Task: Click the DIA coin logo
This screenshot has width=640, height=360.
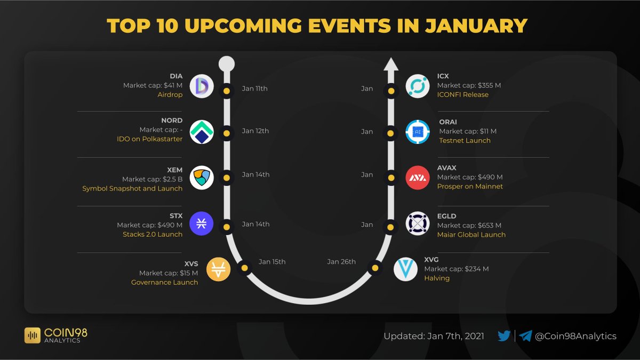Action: click(x=202, y=86)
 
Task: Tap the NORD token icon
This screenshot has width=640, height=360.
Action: click(x=202, y=132)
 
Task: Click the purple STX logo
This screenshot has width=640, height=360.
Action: click(x=202, y=223)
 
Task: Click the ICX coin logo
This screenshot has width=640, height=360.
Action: click(x=418, y=86)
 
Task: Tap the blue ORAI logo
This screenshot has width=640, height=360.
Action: click(x=418, y=132)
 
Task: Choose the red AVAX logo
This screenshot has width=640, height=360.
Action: click(x=418, y=178)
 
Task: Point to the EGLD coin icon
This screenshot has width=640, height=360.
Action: click(x=418, y=223)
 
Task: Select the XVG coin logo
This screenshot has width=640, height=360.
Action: click(x=405, y=269)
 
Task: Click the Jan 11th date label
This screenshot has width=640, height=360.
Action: click(x=254, y=89)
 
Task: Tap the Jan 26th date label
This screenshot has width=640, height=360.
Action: click(x=341, y=262)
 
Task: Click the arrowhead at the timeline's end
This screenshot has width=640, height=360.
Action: click(x=391, y=65)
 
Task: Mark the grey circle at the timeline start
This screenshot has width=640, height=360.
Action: click(x=227, y=64)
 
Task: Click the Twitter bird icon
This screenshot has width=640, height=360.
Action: click(x=504, y=336)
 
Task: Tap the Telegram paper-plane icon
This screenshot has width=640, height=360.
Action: click(x=525, y=336)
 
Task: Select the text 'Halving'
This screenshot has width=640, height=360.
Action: click(x=437, y=278)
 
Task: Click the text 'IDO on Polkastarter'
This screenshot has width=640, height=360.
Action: click(x=149, y=139)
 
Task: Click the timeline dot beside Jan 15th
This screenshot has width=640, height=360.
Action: click(x=244, y=268)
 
